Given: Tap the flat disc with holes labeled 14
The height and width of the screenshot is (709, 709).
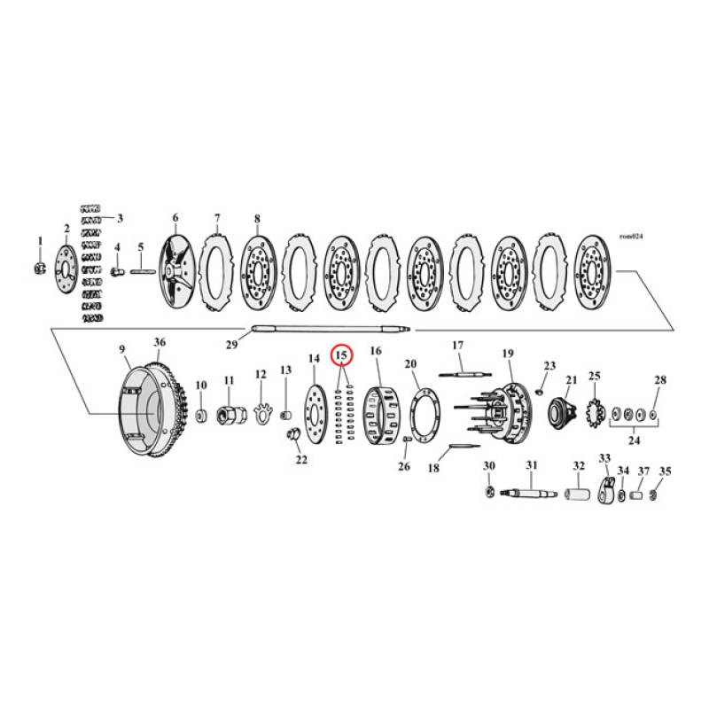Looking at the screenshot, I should coord(315,413).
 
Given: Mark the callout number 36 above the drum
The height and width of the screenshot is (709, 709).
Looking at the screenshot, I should coord(160,342).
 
